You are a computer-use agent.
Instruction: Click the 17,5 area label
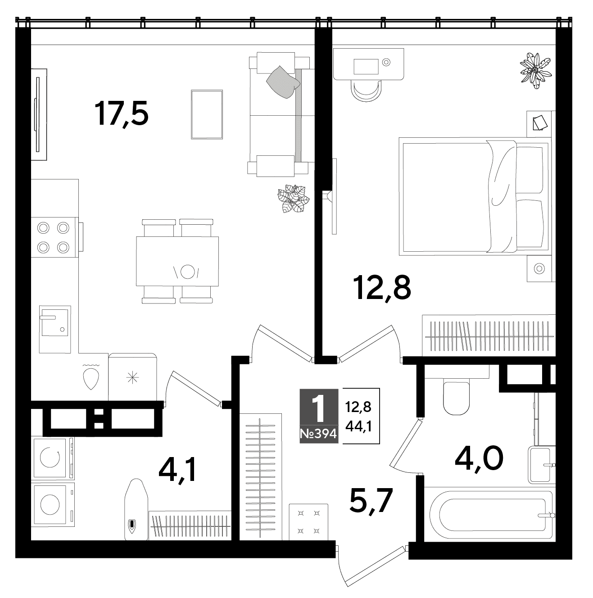(x=121, y=113)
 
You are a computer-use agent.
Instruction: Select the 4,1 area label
(x=177, y=471)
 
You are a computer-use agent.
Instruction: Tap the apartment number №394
(x=319, y=434)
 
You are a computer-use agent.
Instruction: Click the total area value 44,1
(x=358, y=427)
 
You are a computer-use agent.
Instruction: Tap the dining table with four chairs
(x=177, y=261)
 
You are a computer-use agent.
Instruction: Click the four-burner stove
(x=55, y=237)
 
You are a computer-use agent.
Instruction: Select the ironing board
(x=136, y=509)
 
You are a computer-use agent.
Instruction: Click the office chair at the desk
(x=366, y=90)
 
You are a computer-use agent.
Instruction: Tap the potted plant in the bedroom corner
(x=536, y=70)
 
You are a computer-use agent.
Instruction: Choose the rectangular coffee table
(x=207, y=114)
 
